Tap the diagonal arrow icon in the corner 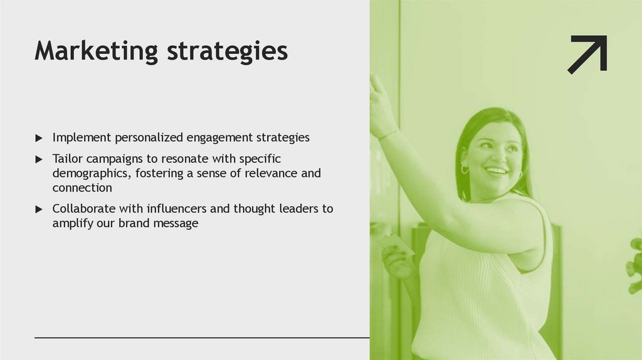point(587,54)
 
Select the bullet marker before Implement point(39,138)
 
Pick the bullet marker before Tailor point(39,159)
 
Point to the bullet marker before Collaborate point(39,209)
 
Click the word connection point(82,188)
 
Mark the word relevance point(271,173)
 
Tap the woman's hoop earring point(465,169)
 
